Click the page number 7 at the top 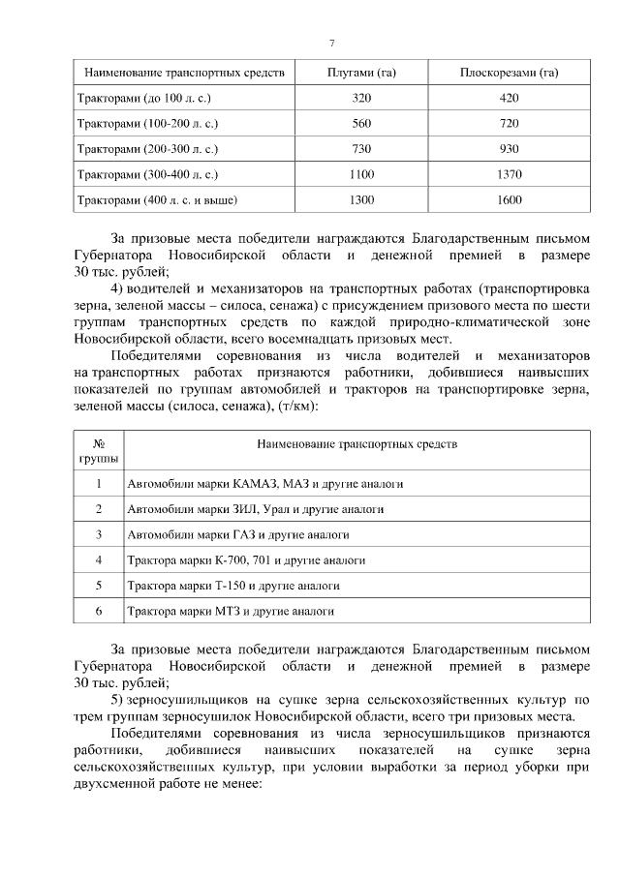332,44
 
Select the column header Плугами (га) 361,73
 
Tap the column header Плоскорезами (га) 508,73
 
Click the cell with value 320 361,98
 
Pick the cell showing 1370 508,174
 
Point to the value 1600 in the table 508,199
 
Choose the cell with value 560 361,124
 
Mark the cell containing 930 508,149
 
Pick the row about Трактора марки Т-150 233,586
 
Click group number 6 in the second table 98,612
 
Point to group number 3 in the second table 98,533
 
